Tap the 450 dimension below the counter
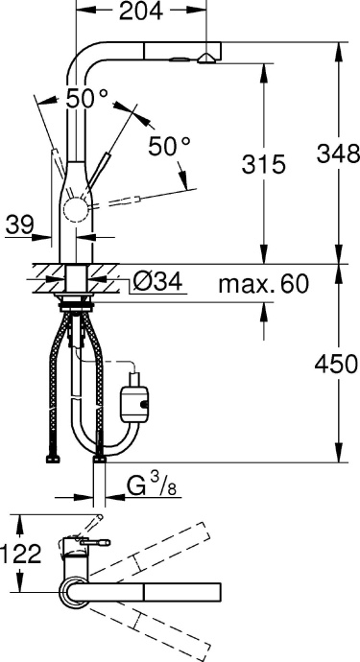tap(336, 364)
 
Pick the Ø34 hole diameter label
tap(155, 282)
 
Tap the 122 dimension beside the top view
tap(22, 555)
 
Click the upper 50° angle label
tap(85, 97)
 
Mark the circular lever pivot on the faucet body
tap(75, 210)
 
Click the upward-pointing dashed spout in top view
tap(154, 548)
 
